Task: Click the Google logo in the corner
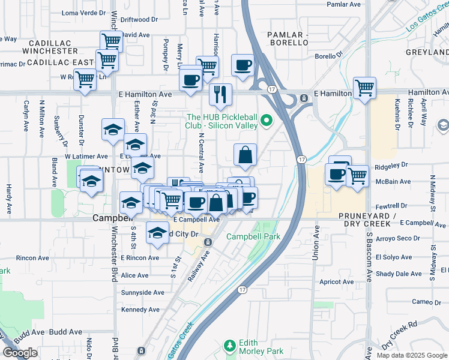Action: (20, 353)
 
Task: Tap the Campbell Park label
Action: (253, 236)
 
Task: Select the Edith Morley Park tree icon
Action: (229, 346)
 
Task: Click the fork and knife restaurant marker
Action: (220, 94)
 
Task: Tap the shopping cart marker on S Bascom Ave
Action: (364, 88)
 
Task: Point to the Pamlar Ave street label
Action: (343, 4)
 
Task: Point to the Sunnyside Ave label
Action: (142, 293)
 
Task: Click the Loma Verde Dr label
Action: (83, 13)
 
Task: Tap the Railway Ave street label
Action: (202, 262)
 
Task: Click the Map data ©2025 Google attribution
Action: (412, 355)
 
